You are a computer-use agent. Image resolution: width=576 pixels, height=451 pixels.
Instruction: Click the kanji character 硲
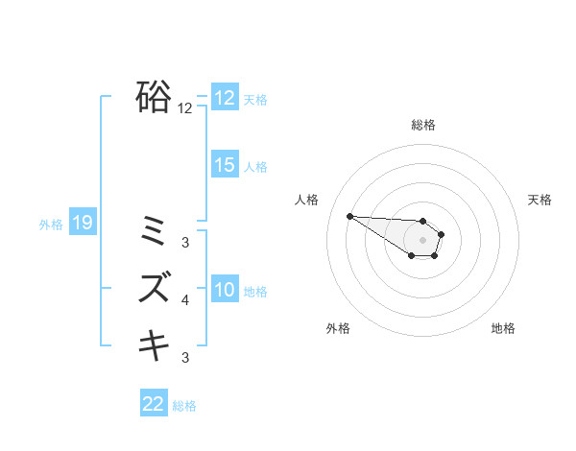coord(154,97)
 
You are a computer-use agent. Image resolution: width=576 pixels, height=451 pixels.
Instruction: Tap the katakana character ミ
coord(154,230)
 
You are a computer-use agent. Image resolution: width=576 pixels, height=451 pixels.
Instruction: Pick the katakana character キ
coord(154,344)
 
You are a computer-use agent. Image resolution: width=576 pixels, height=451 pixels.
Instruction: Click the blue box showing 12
coord(225,98)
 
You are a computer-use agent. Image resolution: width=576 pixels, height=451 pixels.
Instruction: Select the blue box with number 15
coord(225,165)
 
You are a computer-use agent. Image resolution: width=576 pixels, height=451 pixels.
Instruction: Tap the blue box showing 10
coord(225,290)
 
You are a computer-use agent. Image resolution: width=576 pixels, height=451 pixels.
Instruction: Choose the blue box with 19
coord(83,224)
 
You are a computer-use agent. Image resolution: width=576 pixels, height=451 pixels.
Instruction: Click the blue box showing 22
coord(154,404)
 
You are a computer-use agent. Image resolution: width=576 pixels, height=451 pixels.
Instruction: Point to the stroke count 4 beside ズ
coord(185,300)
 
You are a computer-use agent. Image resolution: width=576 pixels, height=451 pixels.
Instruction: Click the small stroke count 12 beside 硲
coord(184,108)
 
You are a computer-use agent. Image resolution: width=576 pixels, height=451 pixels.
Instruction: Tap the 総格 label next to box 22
coord(184,406)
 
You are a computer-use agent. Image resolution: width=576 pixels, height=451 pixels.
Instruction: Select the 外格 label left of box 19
coord(51,225)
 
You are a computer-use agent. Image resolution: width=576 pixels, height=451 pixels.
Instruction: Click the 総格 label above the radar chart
coord(423,125)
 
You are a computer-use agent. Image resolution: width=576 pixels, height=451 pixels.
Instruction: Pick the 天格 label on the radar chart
coord(540,200)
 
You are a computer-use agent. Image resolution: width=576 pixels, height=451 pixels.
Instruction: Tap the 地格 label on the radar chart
coord(503,328)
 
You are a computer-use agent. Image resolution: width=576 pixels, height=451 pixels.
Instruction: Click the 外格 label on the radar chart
coord(338,328)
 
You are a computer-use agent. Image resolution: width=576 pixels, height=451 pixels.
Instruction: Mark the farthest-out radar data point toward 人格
coord(349,216)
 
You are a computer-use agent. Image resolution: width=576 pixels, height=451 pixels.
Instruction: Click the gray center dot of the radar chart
coord(423,240)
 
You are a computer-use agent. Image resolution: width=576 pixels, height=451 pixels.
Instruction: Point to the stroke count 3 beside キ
coord(185,358)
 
